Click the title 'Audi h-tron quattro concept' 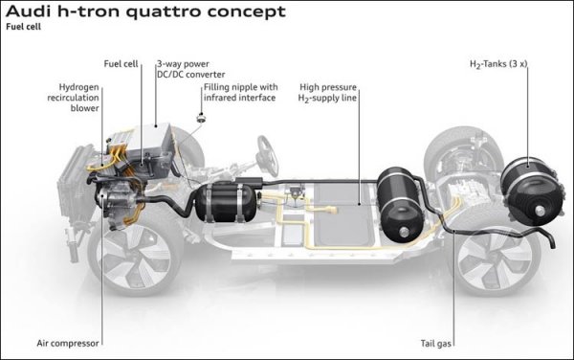pos(145,11)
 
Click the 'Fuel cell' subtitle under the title pos(23,27)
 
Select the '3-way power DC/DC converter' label pos(190,69)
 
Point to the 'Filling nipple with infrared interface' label pos(240,92)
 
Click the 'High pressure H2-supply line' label pos(327,93)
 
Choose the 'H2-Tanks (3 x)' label pos(498,64)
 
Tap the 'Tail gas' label pos(435,344)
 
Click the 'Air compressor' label pos(68,344)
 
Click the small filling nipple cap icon pos(201,118)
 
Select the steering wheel pos(268,156)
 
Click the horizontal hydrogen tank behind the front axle pos(226,203)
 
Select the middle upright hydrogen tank pos(399,204)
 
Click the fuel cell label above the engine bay pos(121,64)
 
